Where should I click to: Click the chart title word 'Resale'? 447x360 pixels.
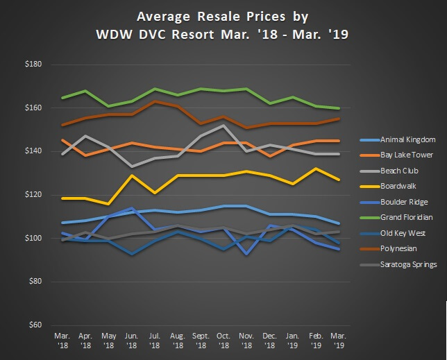(x=199, y=15)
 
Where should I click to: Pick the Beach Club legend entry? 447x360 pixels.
(x=390, y=170)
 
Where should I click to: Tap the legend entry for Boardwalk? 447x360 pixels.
(x=389, y=186)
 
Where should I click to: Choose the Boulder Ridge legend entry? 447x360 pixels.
(x=394, y=203)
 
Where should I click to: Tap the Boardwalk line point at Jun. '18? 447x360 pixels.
(x=132, y=175)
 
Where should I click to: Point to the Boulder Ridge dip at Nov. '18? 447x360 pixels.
(x=246, y=254)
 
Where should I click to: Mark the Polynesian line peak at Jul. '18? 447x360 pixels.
(x=154, y=101)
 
